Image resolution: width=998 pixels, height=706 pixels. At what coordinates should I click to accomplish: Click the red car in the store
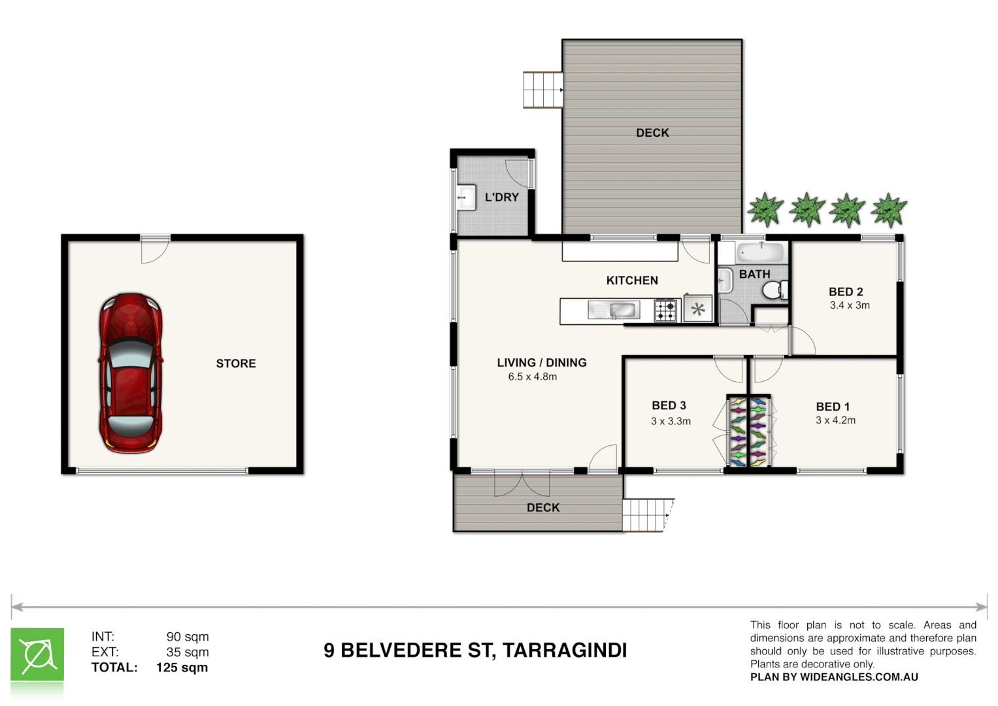131,373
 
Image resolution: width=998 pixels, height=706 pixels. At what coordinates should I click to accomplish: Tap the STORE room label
236,363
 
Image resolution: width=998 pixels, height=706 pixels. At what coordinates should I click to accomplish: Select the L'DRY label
501,197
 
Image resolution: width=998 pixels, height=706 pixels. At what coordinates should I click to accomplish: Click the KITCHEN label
632,280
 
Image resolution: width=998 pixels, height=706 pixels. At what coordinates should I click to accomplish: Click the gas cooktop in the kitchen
666,310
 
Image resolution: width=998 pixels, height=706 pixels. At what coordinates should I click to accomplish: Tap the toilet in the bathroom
774,290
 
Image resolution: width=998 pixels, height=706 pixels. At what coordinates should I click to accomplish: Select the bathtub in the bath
761,252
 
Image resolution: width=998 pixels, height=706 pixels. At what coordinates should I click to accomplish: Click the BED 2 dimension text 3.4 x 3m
850,305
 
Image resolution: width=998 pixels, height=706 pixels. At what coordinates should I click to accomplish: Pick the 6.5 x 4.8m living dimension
533,377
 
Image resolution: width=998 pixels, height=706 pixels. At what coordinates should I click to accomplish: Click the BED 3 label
669,405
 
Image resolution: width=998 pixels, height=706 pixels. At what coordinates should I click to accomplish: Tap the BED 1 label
833,407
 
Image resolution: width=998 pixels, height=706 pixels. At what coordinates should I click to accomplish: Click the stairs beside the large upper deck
542,90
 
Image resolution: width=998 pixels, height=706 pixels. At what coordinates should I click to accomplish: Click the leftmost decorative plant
765,210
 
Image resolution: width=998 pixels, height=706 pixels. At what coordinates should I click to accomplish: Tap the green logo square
37,655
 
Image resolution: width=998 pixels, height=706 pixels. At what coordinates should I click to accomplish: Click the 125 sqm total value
182,667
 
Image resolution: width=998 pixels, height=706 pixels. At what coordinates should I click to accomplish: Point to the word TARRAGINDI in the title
565,650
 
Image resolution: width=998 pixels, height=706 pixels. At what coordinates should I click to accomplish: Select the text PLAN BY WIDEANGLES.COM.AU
834,677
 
